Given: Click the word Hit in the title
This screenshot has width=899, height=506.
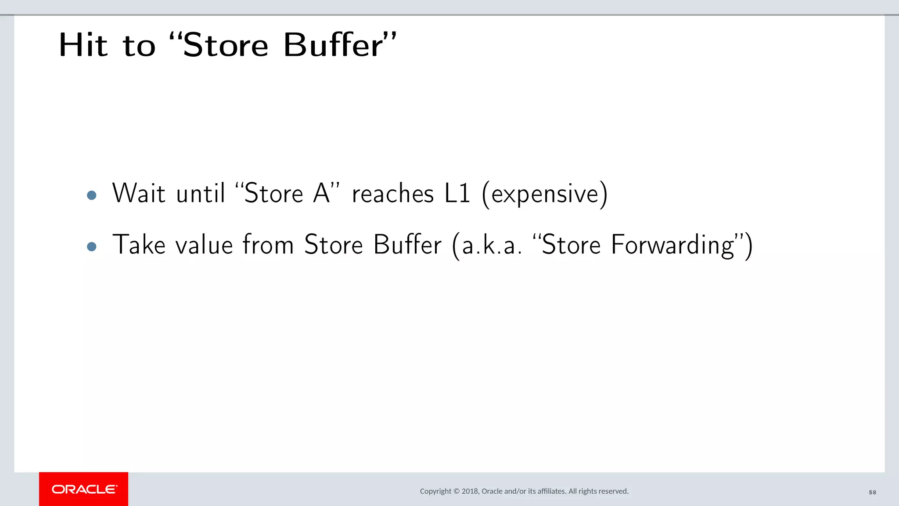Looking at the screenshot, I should click(83, 45).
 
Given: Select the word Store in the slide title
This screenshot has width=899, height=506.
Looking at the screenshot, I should click(225, 45).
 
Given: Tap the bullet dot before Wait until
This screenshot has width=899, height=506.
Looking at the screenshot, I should click(92, 195).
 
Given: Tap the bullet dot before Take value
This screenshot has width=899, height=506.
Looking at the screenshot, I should click(92, 246).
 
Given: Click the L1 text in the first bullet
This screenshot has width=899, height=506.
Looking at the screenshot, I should click(457, 193).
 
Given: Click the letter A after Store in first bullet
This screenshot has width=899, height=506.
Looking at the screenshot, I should click(321, 193).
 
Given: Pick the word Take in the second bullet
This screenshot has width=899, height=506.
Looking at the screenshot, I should click(139, 245).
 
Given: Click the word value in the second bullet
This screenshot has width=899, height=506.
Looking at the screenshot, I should click(204, 245).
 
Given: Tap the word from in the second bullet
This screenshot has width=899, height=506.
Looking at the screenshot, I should click(268, 245).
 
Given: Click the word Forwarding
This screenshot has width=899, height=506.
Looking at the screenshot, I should click(672, 245).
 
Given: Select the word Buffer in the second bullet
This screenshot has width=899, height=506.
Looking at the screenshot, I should click(407, 245).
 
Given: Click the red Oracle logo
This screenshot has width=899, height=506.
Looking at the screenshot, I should click(84, 489).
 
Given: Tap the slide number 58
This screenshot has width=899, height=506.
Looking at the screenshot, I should click(872, 492).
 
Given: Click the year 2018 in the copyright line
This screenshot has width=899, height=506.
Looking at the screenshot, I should click(470, 491).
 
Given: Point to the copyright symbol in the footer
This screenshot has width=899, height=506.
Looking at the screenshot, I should click(457, 491).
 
